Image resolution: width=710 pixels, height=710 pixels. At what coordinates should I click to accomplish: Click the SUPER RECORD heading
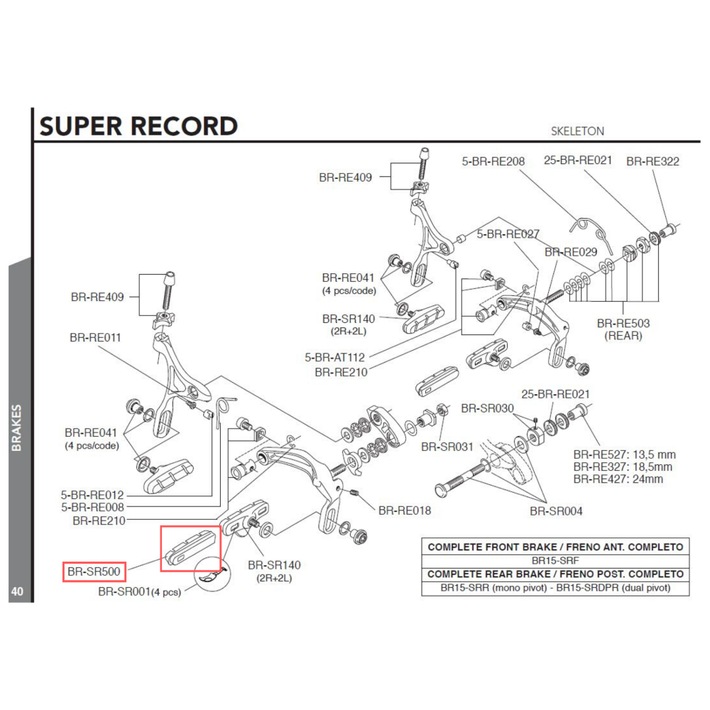(x=138, y=126)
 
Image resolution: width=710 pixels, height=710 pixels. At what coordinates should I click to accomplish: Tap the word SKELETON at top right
(x=577, y=131)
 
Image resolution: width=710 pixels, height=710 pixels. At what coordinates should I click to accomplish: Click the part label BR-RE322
(x=652, y=161)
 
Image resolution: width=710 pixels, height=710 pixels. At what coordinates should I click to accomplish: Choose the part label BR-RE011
(x=96, y=338)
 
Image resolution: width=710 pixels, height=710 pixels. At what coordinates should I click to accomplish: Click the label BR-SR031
(x=447, y=447)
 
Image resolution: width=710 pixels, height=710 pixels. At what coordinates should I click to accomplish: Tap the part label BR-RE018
(x=405, y=510)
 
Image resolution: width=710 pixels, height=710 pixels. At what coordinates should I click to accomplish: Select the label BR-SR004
(x=556, y=510)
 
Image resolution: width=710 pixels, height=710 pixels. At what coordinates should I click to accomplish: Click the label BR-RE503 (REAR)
(x=623, y=329)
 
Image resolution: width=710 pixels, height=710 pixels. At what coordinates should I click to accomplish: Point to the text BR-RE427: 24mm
(x=618, y=479)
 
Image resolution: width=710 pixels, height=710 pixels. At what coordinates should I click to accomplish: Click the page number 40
(x=18, y=591)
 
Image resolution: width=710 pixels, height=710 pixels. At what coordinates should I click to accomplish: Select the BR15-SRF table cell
(x=556, y=560)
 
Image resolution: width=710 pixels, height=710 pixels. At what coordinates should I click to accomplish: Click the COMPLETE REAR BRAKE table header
(x=556, y=574)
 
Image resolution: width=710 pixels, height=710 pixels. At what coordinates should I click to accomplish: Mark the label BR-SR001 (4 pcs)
(x=139, y=591)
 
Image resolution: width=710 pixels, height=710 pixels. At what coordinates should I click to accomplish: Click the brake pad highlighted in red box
(x=191, y=548)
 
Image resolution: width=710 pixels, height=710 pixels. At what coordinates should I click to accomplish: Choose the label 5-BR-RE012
(x=94, y=494)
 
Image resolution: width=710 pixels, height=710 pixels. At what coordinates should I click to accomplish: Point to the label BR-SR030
(x=487, y=408)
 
